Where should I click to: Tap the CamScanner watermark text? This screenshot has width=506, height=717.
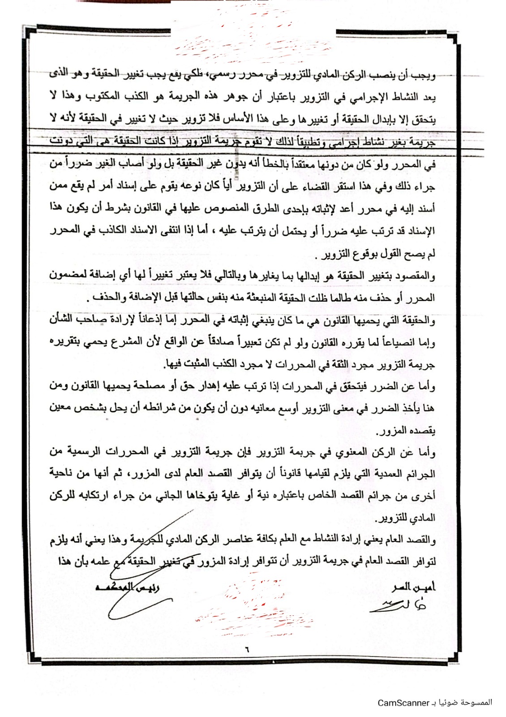tap(434, 702)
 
